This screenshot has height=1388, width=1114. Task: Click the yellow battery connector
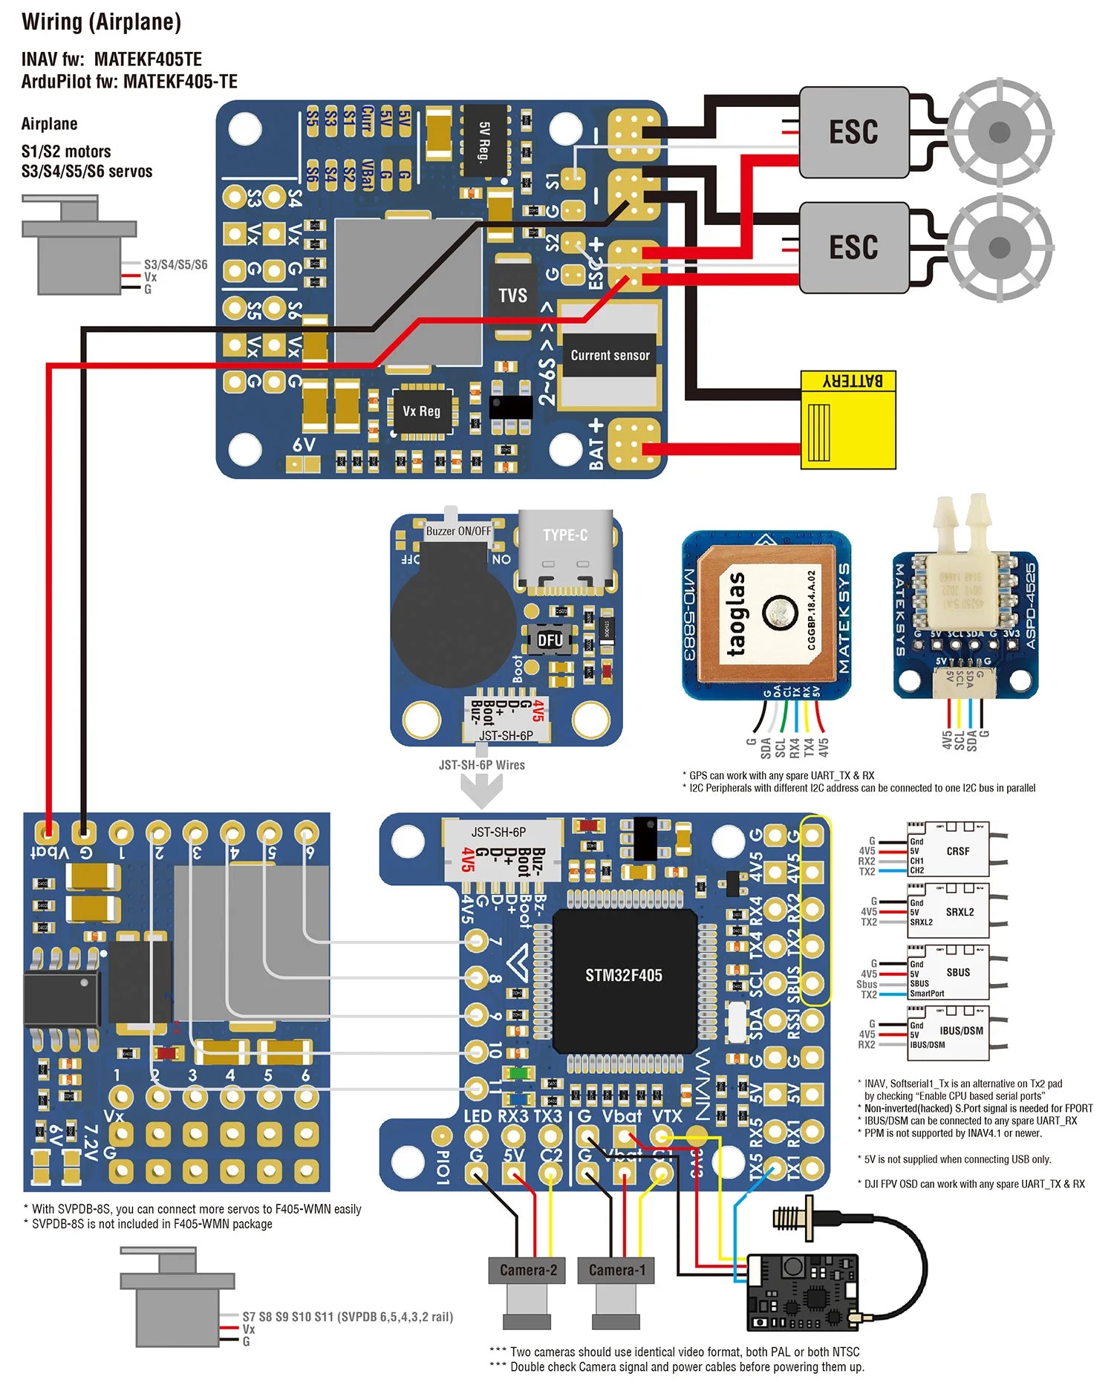coord(848,420)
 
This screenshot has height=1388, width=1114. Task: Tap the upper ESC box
coord(854,132)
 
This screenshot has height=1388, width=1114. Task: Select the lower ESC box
coord(854,247)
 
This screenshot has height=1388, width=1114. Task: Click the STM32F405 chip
coord(623,975)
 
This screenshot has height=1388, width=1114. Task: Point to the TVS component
coord(512,296)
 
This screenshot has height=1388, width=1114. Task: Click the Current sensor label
coord(610,356)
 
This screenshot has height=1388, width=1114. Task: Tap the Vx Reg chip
coord(421,411)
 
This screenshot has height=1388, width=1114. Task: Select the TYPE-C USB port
coord(566,548)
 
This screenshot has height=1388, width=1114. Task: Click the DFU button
coord(550,640)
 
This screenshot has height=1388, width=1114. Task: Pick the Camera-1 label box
coord(616,1271)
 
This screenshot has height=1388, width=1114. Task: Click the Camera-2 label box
coord(527,1271)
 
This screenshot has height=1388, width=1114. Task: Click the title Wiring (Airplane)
coord(101,22)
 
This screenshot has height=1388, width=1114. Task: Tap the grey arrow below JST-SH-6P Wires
coord(482,790)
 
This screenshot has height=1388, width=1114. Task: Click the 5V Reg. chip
coord(485,140)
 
